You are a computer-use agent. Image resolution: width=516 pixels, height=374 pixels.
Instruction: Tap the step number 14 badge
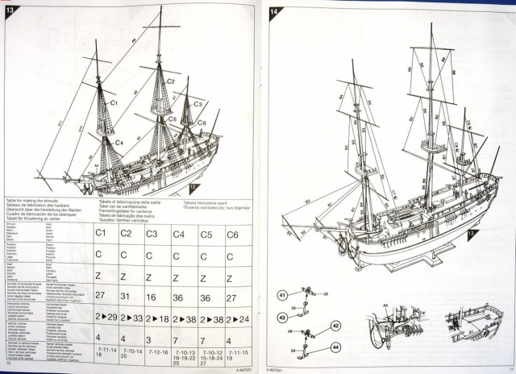[x=274, y=11]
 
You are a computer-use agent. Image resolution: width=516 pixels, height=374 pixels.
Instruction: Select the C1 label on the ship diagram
[x=113, y=104]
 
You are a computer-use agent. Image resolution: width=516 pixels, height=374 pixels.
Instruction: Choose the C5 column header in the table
[x=205, y=234]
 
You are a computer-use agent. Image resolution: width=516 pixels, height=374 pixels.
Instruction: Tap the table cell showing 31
[x=125, y=297]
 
